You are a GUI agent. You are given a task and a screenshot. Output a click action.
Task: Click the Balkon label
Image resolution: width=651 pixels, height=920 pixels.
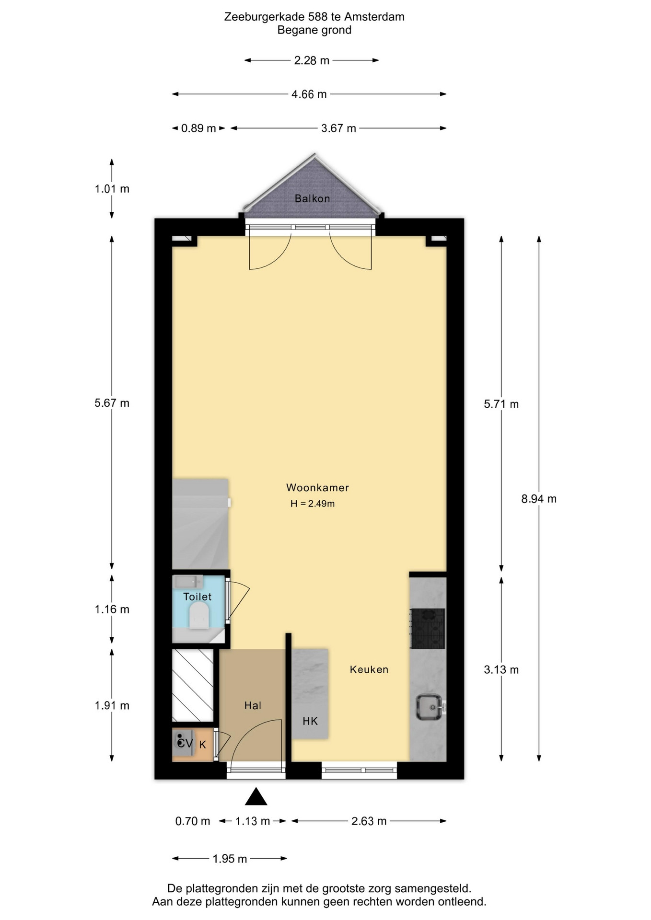click(x=312, y=198)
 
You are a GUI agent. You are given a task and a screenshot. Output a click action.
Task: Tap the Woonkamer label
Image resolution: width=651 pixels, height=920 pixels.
click(x=317, y=487)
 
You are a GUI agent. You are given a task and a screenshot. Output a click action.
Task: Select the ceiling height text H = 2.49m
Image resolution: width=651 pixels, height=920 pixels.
click(x=313, y=504)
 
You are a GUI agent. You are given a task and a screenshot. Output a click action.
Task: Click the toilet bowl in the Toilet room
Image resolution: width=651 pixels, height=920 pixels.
click(x=199, y=615)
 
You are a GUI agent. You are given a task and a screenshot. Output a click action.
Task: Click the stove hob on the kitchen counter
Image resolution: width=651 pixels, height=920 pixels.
click(x=428, y=629)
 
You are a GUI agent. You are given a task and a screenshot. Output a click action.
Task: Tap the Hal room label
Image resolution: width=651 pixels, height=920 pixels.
click(x=253, y=705)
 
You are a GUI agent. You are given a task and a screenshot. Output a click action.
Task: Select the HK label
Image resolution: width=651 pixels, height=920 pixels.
click(x=310, y=721)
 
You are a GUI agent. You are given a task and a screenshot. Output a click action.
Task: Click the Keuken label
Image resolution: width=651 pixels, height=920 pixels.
click(x=369, y=669)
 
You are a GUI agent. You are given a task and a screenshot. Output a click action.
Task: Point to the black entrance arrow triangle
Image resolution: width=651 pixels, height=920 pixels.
click(x=256, y=797)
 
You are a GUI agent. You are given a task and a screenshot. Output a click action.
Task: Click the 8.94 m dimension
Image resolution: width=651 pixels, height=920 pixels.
click(x=539, y=499)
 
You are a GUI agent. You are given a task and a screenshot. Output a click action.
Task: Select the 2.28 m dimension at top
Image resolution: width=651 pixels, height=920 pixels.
click(x=312, y=60)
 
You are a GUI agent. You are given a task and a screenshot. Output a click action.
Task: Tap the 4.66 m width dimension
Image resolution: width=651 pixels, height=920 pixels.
click(x=309, y=94)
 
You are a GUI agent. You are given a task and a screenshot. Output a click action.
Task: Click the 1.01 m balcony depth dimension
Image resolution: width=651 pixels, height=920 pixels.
click(x=112, y=189)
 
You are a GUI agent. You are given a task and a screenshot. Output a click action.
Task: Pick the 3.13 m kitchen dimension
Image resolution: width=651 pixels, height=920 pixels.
click(x=501, y=669)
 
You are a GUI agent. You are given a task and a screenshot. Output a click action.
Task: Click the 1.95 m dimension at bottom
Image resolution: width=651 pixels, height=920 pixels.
click(x=230, y=859)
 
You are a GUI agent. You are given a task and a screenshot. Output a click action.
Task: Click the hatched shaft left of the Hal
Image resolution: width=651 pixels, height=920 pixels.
click(x=193, y=685)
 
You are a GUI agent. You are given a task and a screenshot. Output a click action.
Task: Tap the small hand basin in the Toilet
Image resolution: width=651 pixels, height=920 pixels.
click(x=188, y=582)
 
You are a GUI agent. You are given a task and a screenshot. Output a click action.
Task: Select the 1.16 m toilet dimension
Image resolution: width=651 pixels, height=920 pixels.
click(x=112, y=609)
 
